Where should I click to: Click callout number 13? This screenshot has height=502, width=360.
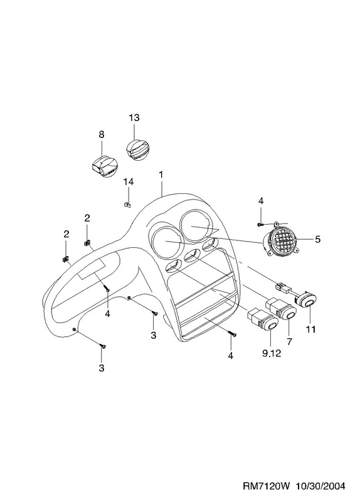tap(134, 118)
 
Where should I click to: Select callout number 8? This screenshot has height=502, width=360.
tap(101, 134)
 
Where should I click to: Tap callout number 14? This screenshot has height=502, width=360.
tap(129, 182)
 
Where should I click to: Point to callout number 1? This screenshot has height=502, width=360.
tap(161, 175)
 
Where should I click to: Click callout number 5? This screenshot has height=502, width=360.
tap(317, 239)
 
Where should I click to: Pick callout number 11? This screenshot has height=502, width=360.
tap(310, 329)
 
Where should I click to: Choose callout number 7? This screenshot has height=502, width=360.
tap(289, 341)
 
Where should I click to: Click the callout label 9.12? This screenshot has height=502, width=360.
tap(272, 353)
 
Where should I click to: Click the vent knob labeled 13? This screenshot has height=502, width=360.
tap(137, 149)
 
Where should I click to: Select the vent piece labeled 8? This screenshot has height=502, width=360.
tap(103, 166)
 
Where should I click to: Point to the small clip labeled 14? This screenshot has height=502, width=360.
tap(127, 205)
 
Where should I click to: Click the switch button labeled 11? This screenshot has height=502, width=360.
tap(305, 300)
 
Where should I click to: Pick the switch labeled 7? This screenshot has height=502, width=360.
tap(281, 309)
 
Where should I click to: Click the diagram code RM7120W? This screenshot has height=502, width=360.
tap(267, 486)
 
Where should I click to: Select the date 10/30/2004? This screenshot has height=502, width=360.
tap(321, 486)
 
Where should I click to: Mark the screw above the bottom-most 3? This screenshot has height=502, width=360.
tap(103, 346)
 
